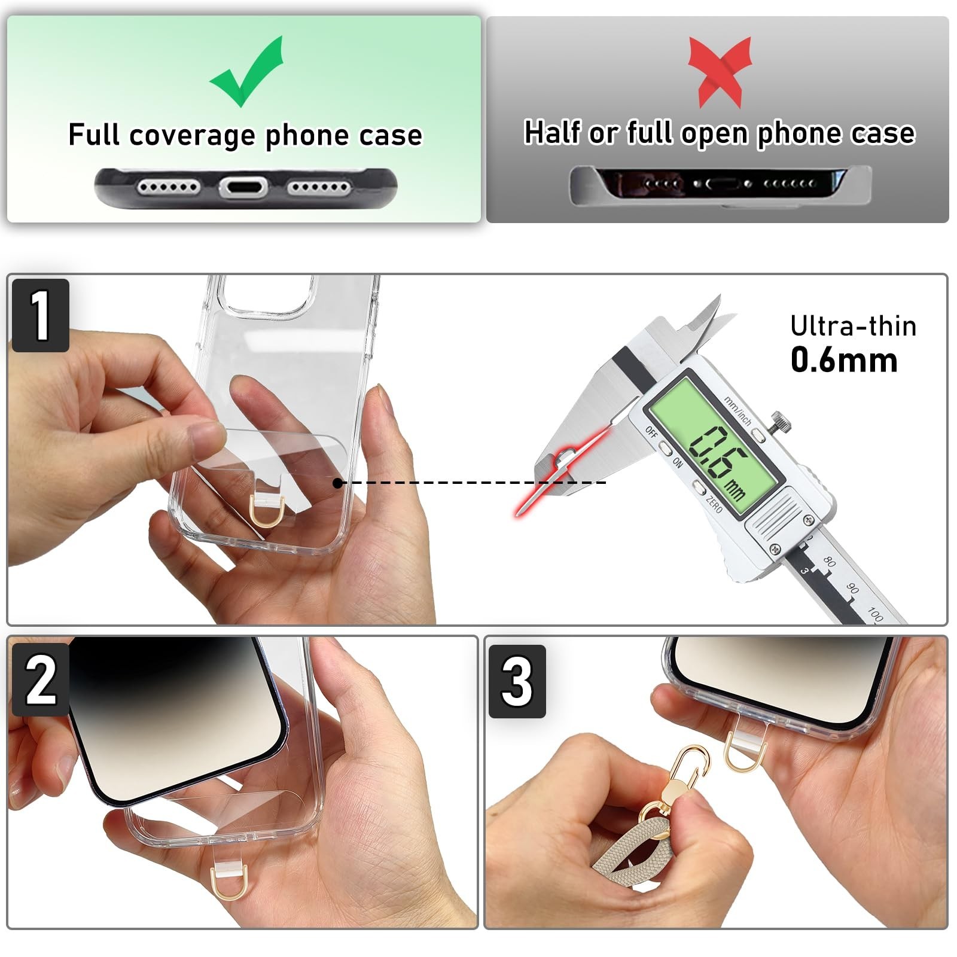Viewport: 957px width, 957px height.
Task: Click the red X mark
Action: pos(720,72)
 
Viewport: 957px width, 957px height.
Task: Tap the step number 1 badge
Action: pos(41,315)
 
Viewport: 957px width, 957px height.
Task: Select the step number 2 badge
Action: pos(41,679)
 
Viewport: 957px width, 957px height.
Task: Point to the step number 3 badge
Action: pos(517,681)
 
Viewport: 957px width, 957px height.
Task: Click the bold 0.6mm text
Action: pos(844,360)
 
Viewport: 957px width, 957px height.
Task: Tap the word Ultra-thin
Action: pos(853,326)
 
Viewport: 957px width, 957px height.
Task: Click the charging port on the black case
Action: pos(242,188)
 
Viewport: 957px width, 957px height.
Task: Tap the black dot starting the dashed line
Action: pos(338,483)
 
